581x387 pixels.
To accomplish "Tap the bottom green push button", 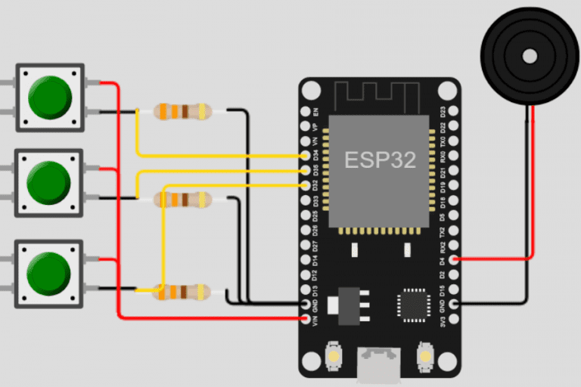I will point(50,273).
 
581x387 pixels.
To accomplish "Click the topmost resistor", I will point(182,112).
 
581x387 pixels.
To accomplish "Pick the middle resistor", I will point(182,200).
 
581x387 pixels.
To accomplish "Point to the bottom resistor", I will point(182,291).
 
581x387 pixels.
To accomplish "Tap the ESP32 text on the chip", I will point(380,160).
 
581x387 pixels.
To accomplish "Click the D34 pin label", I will point(315,156).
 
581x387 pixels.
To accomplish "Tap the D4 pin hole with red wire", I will point(453,259).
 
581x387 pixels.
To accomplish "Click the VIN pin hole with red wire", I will point(304,318).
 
